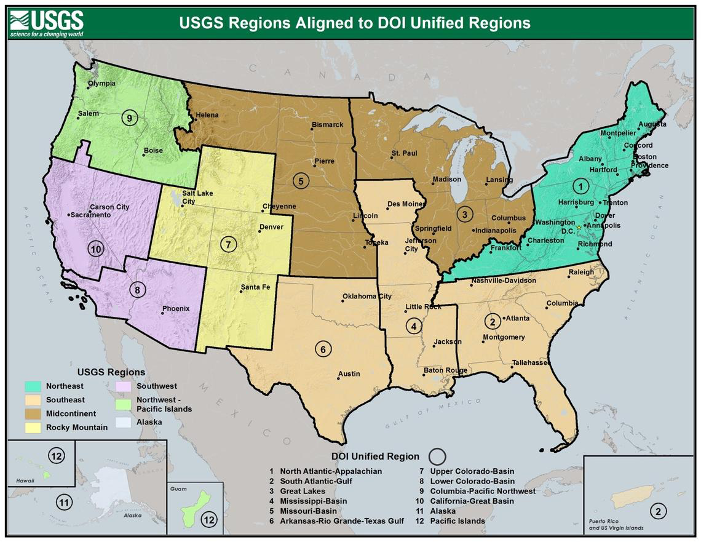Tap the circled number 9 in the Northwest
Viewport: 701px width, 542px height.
click(x=129, y=118)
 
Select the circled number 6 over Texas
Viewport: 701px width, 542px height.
click(x=323, y=349)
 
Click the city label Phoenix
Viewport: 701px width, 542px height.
click(x=176, y=308)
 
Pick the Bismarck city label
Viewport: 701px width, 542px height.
click(x=327, y=124)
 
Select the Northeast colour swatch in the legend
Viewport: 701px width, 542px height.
click(x=33, y=386)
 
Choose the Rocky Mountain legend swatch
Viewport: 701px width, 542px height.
click(x=33, y=427)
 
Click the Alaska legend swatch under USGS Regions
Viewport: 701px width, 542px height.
click(x=124, y=422)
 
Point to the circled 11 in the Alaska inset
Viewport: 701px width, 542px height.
click(x=65, y=502)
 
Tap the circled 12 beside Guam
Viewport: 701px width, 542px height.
click(x=210, y=520)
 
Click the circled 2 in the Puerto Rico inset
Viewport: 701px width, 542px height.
click(x=658, y=511)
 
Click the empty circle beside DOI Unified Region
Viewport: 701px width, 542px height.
click(x=437, y=456)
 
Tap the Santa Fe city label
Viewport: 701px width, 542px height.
click(x=255, y=287)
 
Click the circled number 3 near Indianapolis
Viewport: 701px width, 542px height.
click(x=465, y=214)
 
